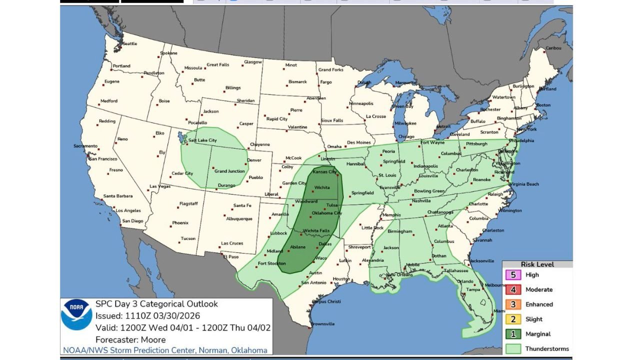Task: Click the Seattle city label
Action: (129, 43)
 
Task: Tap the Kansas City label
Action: (324, 171)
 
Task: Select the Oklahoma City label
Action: (326, 213)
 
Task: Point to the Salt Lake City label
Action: (202, 140)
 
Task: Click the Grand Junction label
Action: (229, 171)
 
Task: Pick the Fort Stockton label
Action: (271, 263)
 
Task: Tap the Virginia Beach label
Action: (524, 184)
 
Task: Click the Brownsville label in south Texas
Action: (322, 323)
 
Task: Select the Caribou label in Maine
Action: (553, 48)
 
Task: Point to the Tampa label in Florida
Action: (473, 289)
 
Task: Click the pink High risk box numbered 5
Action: (513, 275)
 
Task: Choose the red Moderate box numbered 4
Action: (513, 289)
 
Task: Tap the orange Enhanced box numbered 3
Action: (513, 304)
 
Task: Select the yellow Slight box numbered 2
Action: (513, 319)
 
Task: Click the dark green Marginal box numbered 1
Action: (513, 334)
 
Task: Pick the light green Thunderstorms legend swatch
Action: (513, 348)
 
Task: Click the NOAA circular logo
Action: (76, 314)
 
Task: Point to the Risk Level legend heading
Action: (537, 264)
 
